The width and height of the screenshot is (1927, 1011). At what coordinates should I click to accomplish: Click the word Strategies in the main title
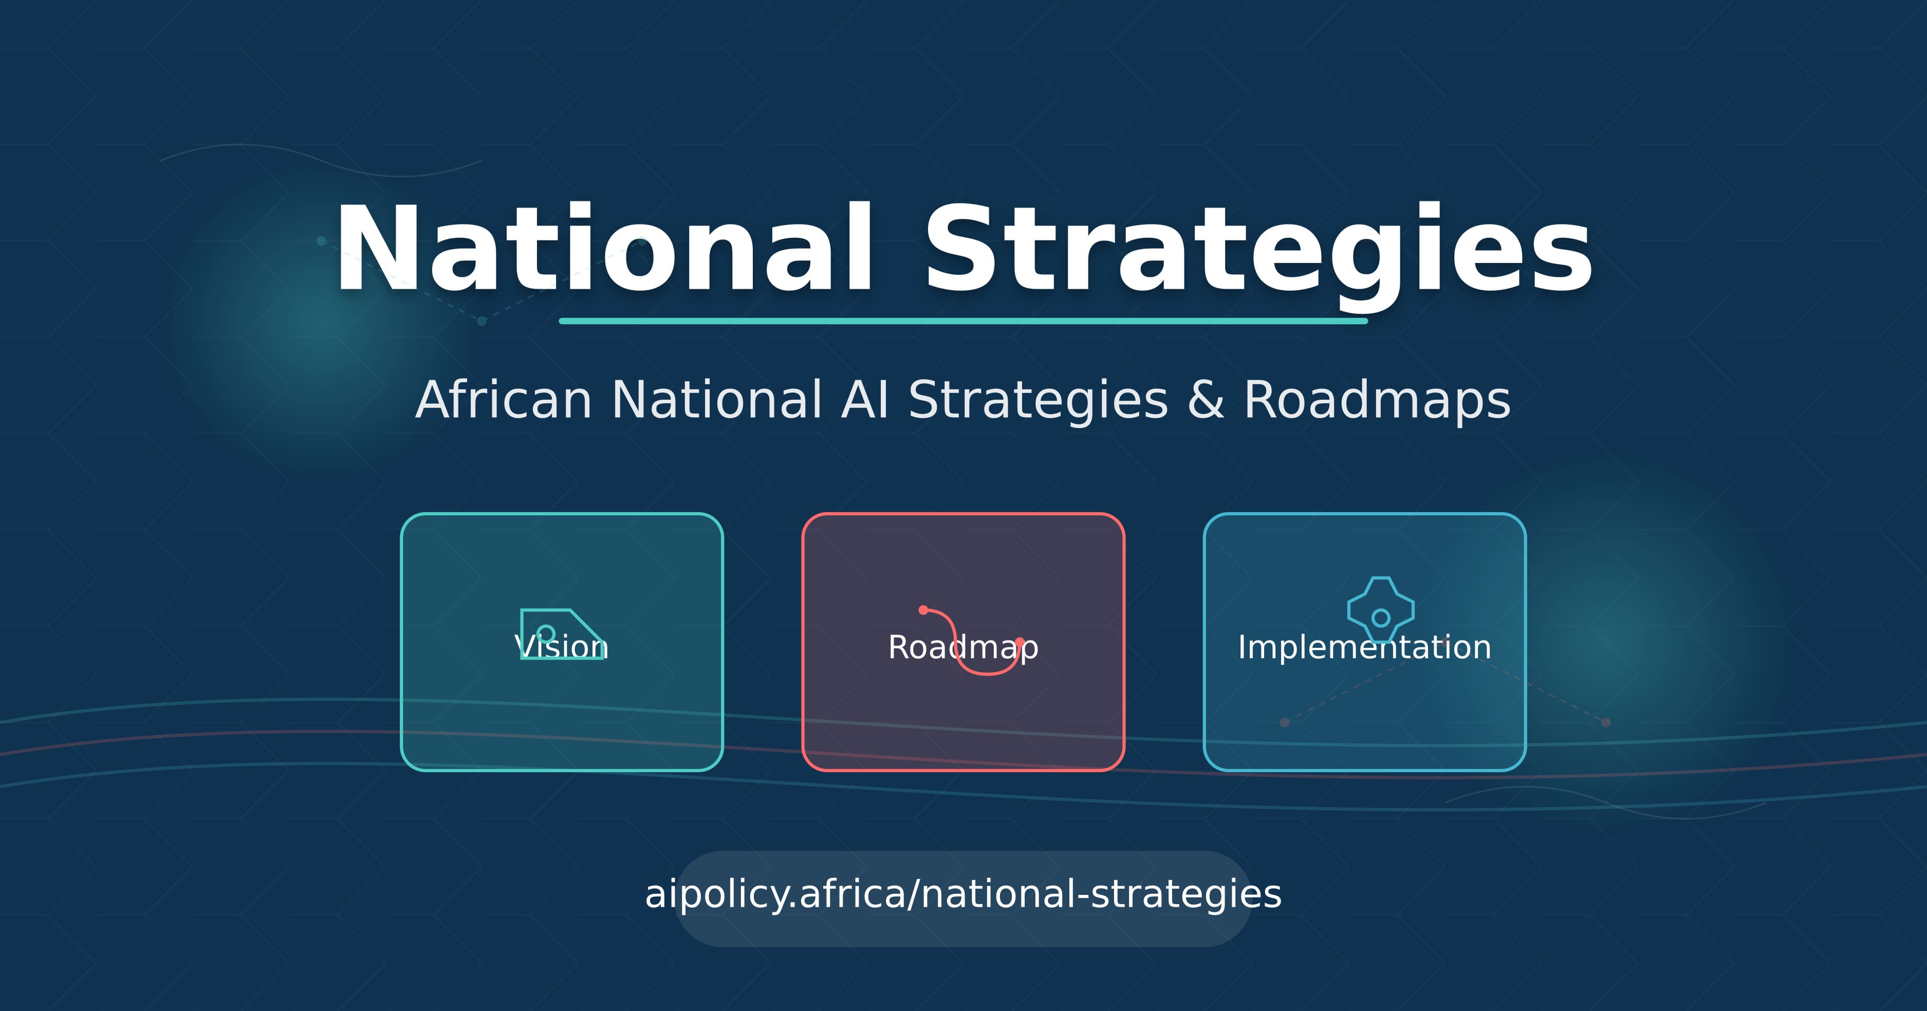point(1258,249)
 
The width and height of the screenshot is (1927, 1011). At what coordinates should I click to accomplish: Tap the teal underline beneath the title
point(963,321)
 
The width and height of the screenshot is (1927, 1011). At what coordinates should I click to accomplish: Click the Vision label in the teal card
point(561,647)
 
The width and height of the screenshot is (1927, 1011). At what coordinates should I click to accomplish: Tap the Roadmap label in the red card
point(963,647)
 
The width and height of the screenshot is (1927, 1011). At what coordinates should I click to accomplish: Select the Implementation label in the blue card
point(1364,647)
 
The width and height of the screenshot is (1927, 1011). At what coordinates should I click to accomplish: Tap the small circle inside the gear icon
point(1381,617)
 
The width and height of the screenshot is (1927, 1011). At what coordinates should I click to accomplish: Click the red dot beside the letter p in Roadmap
point(1019,642)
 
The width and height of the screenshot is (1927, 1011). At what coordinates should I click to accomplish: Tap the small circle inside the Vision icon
point(546,633)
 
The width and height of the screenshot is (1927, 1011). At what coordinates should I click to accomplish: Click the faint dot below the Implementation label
point(1285,722)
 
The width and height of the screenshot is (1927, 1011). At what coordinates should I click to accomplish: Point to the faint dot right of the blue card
point(1605,722)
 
